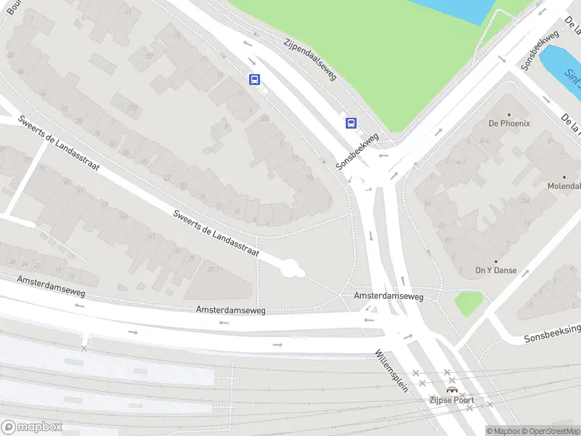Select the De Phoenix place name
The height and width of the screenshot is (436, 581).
tap(509, 124)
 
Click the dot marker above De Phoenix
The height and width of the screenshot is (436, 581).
tap(508, 114)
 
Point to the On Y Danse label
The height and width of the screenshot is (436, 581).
tap(496, 270)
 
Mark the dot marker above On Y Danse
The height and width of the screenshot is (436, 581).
tap(496, 261)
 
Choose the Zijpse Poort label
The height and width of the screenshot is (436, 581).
tap(452, 400)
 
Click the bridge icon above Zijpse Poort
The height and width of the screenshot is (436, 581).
tap(452, 389)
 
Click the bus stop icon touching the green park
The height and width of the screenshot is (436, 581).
tap(351, 122)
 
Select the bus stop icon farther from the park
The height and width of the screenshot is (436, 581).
tap(254, 79)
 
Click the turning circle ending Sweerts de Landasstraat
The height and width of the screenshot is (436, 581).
tap(292, 269)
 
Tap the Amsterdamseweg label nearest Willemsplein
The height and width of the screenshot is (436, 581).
tap(389, 296)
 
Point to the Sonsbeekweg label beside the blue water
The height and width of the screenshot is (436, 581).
tap(540, 50)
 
